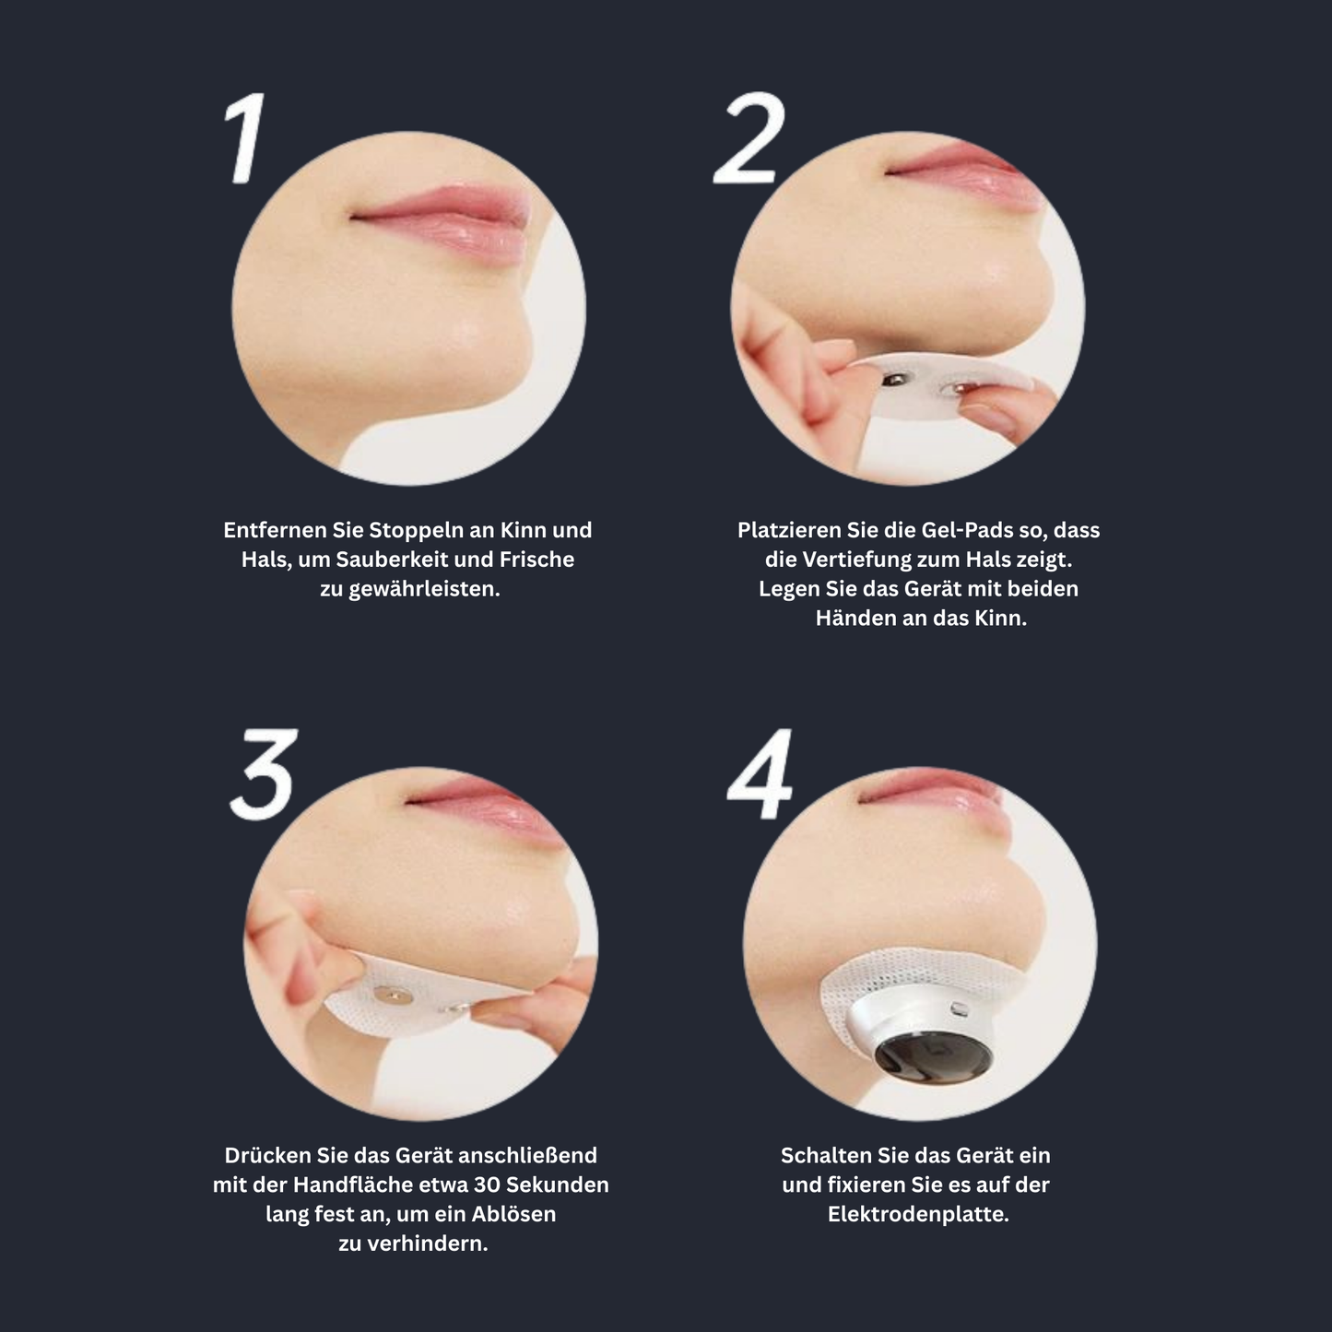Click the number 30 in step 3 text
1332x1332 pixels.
pyautogui.click(x=488, y=1185)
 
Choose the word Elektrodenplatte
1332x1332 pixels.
pyautogui.click(x=919, y=1214)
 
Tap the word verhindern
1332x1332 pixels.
pyautogui.click(x=427, y=1244)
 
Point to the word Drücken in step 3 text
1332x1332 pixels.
pyautogui.click(x=268, y=1155)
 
